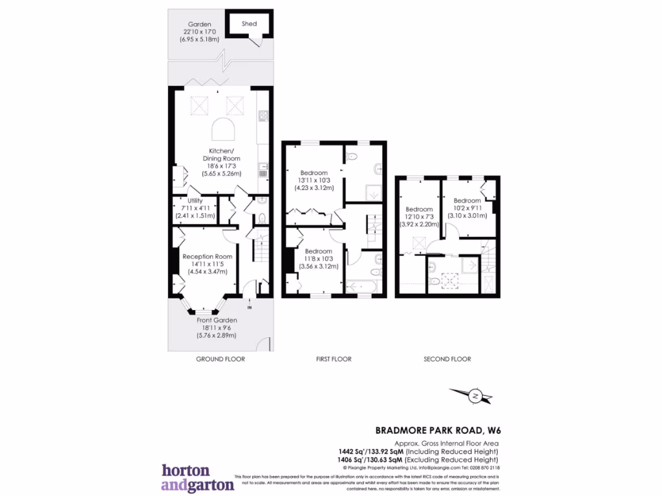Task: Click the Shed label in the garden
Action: [250, 24]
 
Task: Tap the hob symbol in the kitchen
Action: [263, 117]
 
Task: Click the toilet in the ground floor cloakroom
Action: [261, 218]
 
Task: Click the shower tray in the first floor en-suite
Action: [375, 192]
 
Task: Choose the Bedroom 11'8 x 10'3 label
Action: [318, 251]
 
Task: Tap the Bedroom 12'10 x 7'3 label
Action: [419, 209]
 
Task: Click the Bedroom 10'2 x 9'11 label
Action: [467, 200]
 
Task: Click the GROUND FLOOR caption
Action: [220, 359]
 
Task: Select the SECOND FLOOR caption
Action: [447, 359]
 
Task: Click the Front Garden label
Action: [217, 320]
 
